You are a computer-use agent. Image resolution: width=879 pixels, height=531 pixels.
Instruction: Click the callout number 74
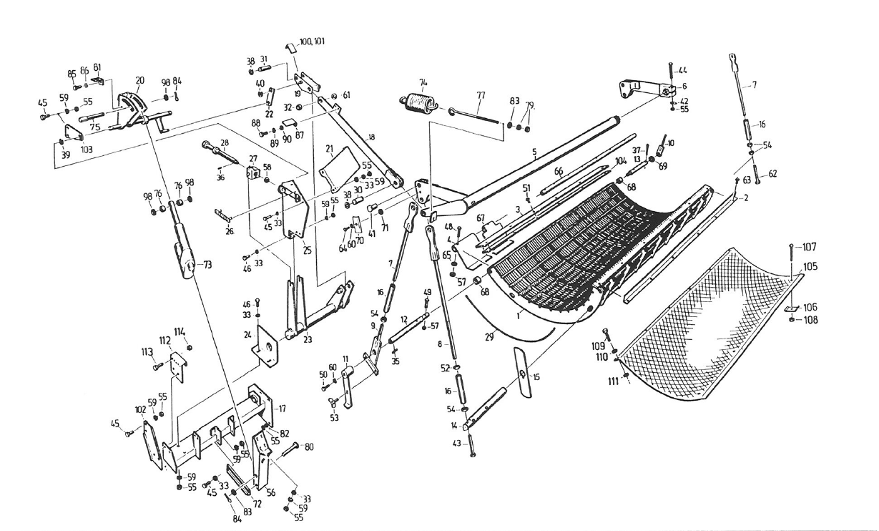click(x=423, y=82)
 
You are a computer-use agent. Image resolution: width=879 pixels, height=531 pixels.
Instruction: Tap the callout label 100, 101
click(x=310, y=42)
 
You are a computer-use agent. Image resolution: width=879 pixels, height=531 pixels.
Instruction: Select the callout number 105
click(x=810, y=267)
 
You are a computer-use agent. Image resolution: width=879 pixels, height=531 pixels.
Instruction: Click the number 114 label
click(x=180, y=331)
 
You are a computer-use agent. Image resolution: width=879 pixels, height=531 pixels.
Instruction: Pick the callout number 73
click(x=208, y=265)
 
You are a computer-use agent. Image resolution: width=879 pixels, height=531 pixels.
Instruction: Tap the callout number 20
click(x=139, y=80)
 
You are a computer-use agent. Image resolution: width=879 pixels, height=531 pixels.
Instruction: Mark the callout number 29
click(x=489, y=336)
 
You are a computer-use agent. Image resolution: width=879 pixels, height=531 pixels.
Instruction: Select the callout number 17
click(x=282, y=409)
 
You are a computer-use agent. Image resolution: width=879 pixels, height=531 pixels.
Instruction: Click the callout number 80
click(x=308, y=447)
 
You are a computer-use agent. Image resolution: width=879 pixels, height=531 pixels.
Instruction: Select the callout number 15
click(x=537, y=376)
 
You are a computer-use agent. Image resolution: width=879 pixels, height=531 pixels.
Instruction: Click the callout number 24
click(x=247, y=333)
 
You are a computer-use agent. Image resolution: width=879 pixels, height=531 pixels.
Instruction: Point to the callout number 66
click(x=558, y=171)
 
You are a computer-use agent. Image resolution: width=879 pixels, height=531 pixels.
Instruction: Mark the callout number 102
click(x=140, y=410)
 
